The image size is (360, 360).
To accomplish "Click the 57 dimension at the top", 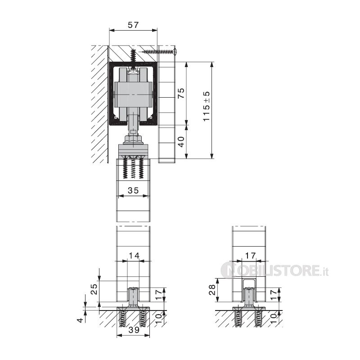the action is (x=133, y=25).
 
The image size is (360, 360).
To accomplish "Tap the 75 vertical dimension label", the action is (x=181, y=93).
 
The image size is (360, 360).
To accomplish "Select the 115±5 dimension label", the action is (x=207, y=106).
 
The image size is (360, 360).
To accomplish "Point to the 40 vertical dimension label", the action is (x=181, y=142).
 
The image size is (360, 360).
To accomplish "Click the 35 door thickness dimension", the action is (x=133, y=190).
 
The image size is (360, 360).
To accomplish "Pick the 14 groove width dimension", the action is (x=134, y=256).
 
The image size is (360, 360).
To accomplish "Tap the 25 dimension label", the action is (x=94, y=289).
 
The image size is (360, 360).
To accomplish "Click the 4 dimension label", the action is (x=80, y=320).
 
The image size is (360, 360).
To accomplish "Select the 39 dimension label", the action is (x=134, y=330).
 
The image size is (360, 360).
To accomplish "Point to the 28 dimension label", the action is (x=211, y=290).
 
